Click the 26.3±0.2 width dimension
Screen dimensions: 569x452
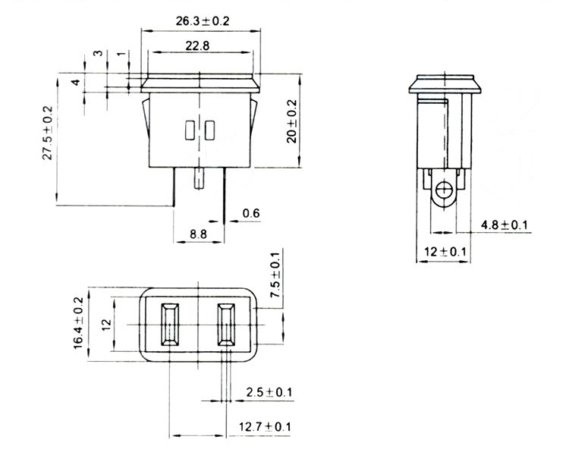tap(203, 21)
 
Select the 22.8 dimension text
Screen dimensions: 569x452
tap(197, 46)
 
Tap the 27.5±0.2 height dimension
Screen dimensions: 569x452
tap(48, 133)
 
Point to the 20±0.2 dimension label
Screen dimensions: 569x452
tap(291, 121)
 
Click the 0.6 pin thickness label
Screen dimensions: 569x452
tap(251, 213)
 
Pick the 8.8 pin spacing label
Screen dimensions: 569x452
tap(198, 234)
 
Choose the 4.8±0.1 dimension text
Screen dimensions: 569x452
tap(504, 225)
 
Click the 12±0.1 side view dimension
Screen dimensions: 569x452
tap(445, 251)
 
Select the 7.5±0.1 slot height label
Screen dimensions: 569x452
tap(275, 275)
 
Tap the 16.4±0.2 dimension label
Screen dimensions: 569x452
tap(78, 323)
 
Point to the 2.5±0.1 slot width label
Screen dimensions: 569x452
tap(269, 392)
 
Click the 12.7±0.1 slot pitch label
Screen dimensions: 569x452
tap(265, 426)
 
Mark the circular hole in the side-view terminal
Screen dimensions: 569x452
tap(443, 190)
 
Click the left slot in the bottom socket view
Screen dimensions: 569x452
tap(169, 325)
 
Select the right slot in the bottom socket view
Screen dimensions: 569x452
tap(226, 325)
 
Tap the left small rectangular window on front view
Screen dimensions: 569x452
tap(189, 130)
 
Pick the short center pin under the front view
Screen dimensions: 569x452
tap(200, 178)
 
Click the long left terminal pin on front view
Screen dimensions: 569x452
tap(174, 187)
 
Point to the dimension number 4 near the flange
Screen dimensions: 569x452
tap(75, 82)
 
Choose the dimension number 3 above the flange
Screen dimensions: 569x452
tap(98, 53)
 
